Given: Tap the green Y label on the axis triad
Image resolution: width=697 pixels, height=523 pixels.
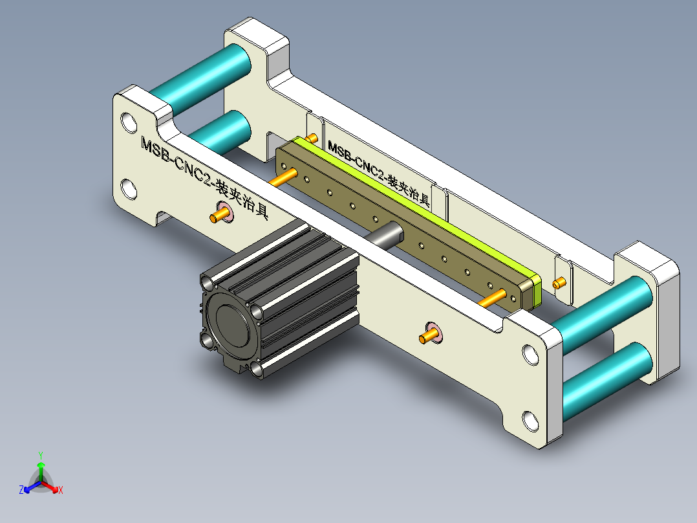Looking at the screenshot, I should [40, 455].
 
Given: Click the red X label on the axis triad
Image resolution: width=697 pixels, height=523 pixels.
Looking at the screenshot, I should [61, 491].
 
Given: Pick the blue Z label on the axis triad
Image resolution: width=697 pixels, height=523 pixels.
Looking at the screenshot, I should [21, 491].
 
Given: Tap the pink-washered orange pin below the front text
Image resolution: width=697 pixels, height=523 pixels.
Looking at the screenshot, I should [220, 214].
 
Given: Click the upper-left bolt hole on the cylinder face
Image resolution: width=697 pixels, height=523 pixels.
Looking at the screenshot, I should [208, 284].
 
